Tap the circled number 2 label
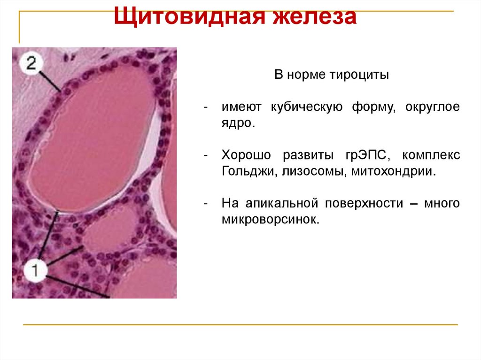(x=31, y=63)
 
